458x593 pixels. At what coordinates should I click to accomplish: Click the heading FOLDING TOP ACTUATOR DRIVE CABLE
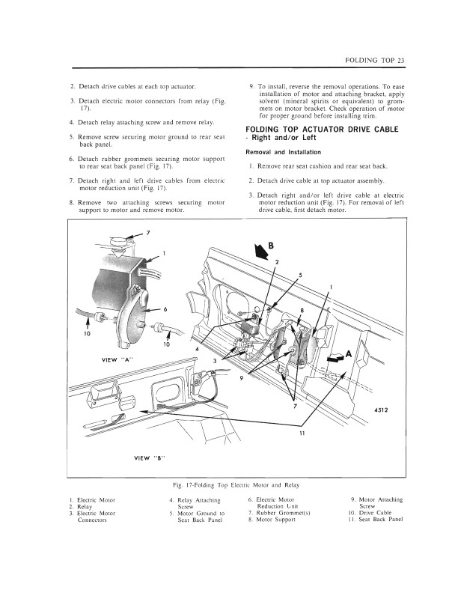(x=322, y=130)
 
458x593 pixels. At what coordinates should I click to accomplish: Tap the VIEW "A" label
(x=116, y=360)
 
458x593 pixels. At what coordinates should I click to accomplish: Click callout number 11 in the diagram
(x=302, y=434)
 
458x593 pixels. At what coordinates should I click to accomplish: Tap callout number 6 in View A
(x=165, y=308)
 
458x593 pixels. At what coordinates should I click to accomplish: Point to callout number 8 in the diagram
(x=302, y=310)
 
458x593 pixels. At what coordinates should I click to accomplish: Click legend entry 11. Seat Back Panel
(x=376, y=520)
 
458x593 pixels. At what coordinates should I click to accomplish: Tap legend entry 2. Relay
(x=84, y=506)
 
